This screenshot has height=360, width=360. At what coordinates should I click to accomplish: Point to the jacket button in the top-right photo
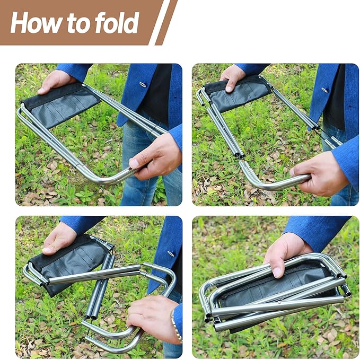(324, 90)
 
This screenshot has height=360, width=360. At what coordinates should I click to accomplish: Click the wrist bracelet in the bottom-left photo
(174, 324)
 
